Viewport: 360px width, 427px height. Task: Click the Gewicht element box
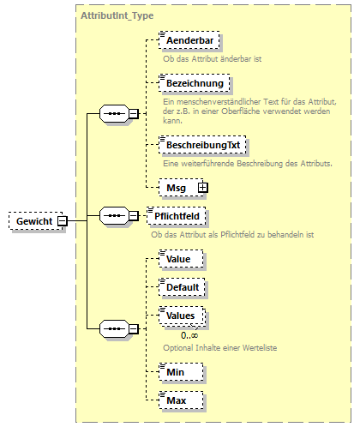pos(33,221)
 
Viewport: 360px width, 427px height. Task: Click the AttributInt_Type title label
pos(117,16)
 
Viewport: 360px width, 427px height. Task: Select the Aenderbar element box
pos(189,40)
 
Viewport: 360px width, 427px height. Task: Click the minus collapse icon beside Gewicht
pos(64,221)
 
